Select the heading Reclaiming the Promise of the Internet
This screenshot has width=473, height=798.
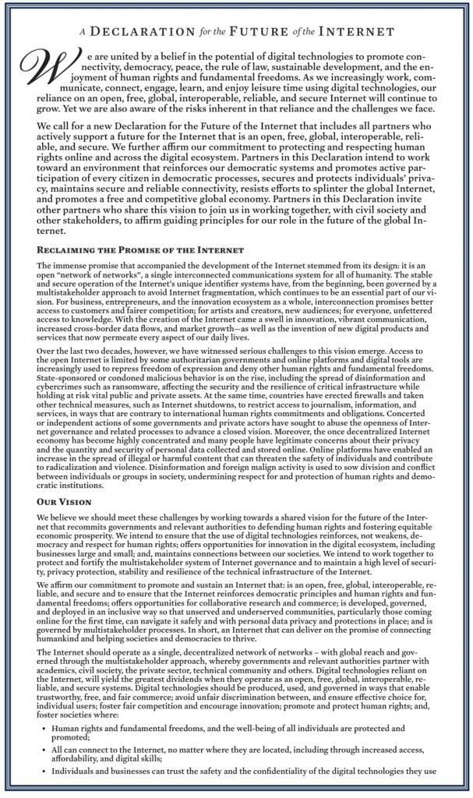pyautogui.click(x=140, y=251)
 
